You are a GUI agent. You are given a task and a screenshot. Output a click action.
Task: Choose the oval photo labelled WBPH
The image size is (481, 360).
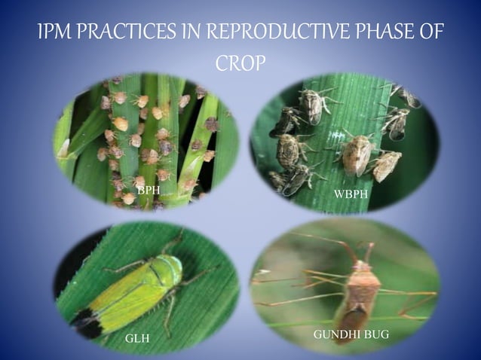coord(343,143)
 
